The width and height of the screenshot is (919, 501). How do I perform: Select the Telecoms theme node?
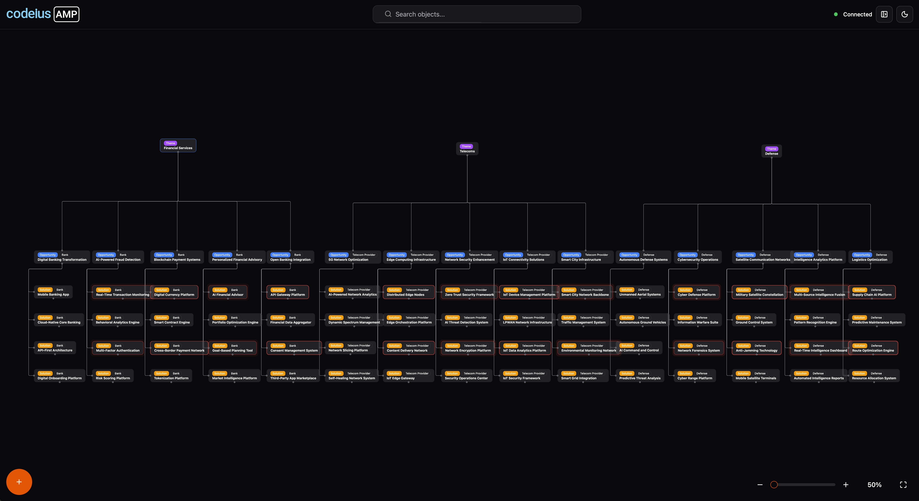[467, 149]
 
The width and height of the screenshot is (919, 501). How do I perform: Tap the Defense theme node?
[771, 151]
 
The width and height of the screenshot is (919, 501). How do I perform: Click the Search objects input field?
[477, 14]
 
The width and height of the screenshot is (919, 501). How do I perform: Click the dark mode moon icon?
[904, 14]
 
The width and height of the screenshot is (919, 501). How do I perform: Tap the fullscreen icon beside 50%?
[903, 485]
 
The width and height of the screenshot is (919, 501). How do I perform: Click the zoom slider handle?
[774, 485]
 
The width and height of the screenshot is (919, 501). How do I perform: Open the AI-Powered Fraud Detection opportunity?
[118, 257]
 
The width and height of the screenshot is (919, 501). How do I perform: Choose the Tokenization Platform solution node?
[171, 376]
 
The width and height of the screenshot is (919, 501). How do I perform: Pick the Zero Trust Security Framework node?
[469, 292]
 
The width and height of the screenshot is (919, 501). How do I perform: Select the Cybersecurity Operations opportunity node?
[697, 257]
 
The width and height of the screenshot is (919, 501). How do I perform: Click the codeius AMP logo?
[43, 14]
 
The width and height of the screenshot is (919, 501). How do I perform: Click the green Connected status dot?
[835, 14]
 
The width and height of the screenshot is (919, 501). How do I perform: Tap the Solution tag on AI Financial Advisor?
[220, 290]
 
